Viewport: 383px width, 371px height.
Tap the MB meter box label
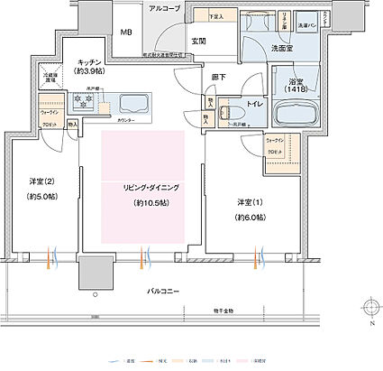pos(127,35)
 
